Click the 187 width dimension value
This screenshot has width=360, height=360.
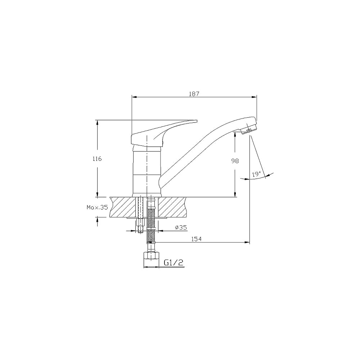[x=194, y=94]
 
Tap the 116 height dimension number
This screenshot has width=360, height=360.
[x=97, y=159]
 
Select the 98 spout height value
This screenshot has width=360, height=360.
[x=235, y=161]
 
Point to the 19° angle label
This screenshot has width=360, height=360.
[x=256, y=174]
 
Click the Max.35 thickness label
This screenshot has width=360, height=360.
[x=97, y=207]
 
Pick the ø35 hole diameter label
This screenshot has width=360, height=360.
[x=181, y=228]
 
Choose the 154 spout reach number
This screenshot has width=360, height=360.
[x=196, y=239]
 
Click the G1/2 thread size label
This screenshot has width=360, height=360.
[x=174, y=262]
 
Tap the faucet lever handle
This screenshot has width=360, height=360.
[x=161, y=133]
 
